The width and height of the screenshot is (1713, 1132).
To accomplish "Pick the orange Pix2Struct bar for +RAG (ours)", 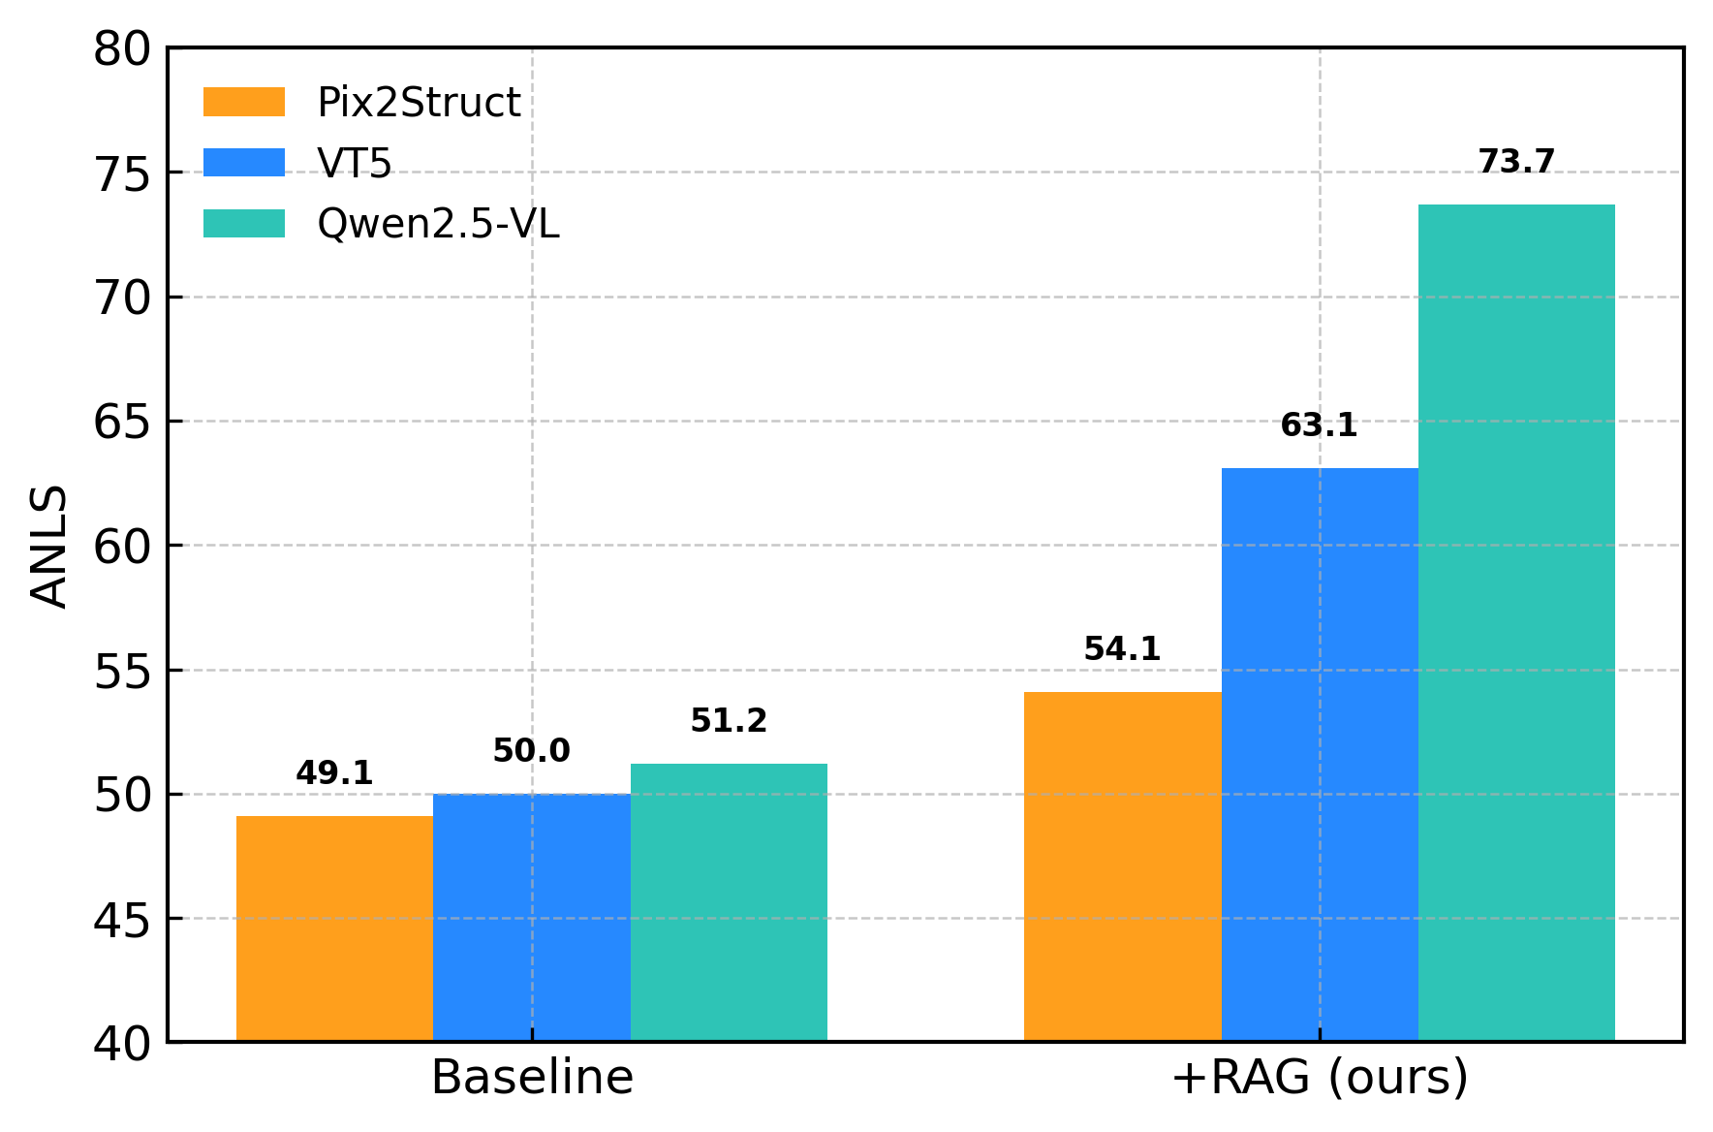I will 1122,866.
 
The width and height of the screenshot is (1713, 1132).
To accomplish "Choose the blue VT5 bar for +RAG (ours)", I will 1320,755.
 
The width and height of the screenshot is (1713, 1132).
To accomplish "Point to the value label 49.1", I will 334,773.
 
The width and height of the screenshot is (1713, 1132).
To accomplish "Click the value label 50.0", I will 531,751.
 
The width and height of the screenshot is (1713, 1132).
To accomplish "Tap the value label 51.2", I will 729,721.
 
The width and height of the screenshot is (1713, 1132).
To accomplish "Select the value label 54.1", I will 1122,649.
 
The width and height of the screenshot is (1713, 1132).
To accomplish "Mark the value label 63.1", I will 1319,425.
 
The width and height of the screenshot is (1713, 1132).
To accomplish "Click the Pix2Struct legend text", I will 419,103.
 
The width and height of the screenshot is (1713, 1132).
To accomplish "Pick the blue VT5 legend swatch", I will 244,163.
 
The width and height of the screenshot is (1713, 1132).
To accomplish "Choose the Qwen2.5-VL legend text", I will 438,224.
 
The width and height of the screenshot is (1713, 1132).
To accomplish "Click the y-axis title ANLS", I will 48,546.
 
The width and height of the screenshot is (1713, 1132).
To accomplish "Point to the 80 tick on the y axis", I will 122,48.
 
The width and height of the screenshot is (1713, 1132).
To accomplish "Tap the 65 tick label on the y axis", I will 122,422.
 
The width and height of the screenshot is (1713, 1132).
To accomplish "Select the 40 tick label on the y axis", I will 122,1044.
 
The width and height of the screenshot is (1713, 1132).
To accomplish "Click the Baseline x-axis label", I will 532,1078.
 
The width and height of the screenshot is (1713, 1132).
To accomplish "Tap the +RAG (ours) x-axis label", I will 1320,1078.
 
